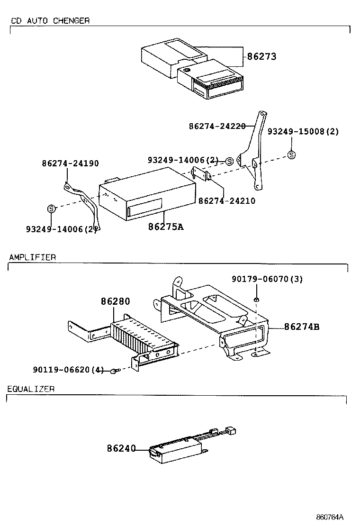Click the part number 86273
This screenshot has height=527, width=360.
pos(261,56)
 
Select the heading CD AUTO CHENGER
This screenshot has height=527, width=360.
pos(50,21)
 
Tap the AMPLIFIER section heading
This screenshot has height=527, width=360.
pos(32,257)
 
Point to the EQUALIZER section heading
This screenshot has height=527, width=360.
pos(31,389)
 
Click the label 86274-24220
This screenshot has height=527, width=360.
pos(217,127)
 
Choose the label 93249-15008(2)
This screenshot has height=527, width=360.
pos(303,132)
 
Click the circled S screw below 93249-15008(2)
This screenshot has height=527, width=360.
pos(291,154)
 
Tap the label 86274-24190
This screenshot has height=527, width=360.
pos(70,164)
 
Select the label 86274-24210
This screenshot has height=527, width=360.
pos(226,200)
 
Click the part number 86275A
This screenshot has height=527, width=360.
pos(165,227)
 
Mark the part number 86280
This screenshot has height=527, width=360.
pos(115,301)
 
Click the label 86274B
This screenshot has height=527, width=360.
pos(302,327)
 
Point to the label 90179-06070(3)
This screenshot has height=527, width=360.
pos(267,279)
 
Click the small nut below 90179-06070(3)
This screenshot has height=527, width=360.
pos(256,299)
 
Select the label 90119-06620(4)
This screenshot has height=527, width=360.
pos(68,370)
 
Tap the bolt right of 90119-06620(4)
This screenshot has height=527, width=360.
pos(114,371)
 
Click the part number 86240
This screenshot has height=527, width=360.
pos(121,447)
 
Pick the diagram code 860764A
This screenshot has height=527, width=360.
pos(330,517)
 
